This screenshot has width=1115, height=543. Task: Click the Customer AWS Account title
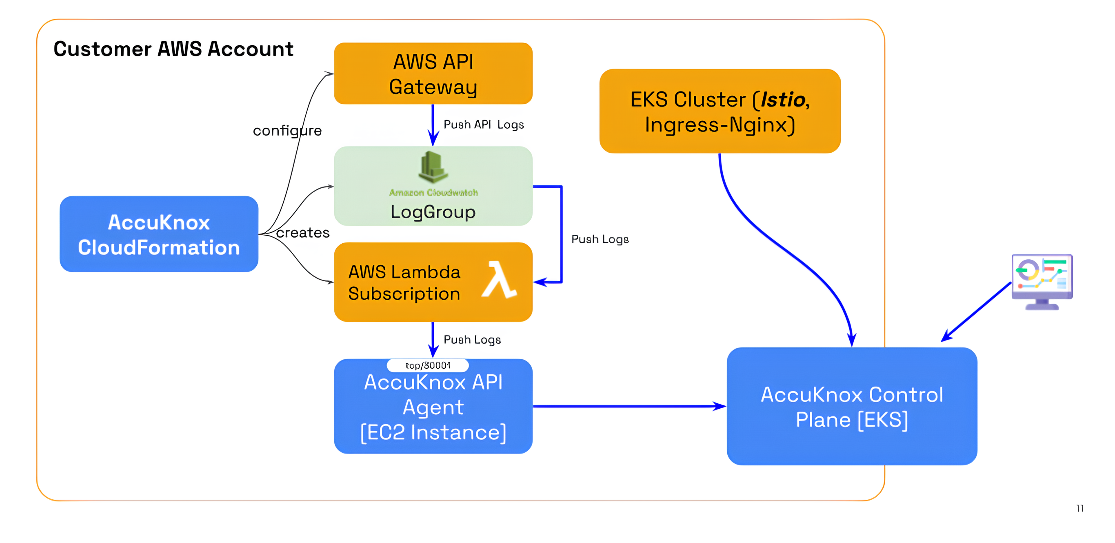tap(173, 49)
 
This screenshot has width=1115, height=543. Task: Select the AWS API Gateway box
tap(433, 73)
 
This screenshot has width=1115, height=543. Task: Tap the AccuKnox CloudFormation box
tap(159, 234)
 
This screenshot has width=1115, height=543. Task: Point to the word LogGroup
tap(433, 212)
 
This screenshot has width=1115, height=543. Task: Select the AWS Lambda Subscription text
tap(404, 283)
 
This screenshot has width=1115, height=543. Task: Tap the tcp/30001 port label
tap(428, 365)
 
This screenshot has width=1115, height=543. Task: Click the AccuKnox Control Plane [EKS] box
tap(851, 407)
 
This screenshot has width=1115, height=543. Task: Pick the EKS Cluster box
tap(720, 111)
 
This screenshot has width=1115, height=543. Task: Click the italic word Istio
tap(782, 100)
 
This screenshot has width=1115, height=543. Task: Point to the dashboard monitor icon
tap(1042, 281)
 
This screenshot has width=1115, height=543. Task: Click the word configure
tap(287, 131)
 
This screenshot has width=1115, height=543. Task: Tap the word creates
tap(302, 233)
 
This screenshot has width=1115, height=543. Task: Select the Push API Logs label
tap(484, 125)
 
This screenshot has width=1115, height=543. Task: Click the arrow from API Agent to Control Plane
tap(628, 406)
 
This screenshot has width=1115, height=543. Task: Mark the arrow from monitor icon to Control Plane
tap(976, 312)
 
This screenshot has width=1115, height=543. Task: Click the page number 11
tap(1079, 508)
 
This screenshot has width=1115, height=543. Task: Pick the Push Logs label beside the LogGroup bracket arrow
tap(600, 240)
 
